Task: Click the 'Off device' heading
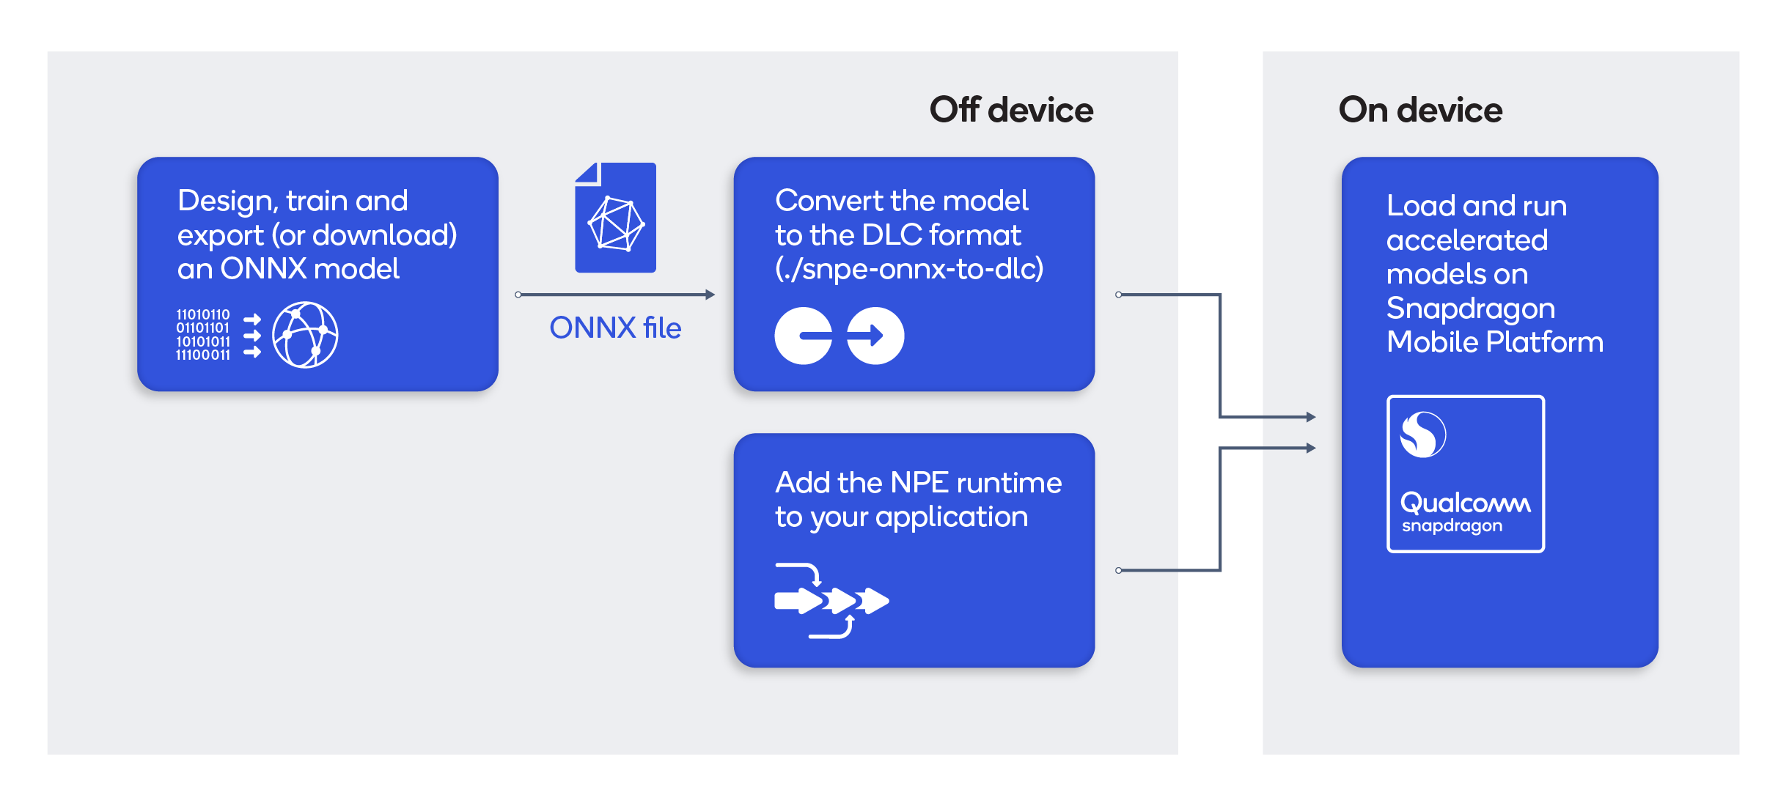[1011, 110]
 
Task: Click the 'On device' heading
[1420, 110]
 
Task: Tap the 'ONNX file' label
[615, 328]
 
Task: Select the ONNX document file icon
[615, 218]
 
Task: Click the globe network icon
[305, 335]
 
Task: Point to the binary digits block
[203, 335]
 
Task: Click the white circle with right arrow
[875, 336]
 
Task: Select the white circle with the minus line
[804, 336]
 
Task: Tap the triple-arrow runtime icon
[831, 601]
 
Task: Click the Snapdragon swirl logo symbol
[1423, 435]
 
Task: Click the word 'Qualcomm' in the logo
[1465, 503]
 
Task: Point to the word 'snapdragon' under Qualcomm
[1452, 526]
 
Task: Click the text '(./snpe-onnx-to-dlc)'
[909, 269]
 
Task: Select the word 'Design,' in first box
[227, 202]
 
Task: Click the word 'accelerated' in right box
[1467, 240]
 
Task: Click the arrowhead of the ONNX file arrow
[709, 295]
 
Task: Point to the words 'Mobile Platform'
[1495, 342]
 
